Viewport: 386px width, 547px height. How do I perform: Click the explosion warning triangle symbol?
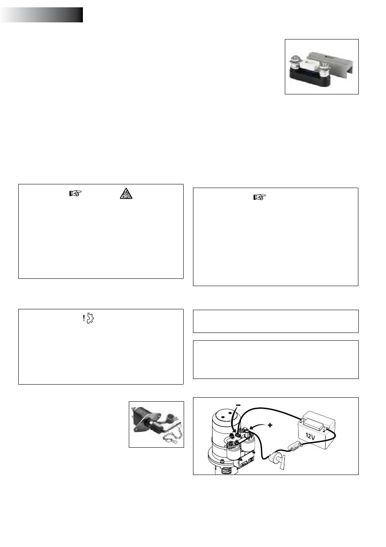[126, 193]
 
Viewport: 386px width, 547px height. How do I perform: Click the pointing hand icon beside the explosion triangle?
[75, 193]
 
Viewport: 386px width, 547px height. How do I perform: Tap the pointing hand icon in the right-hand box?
[260, 197]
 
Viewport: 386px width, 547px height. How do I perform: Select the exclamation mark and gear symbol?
[88, 318]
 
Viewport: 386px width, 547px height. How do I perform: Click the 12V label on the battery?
[310, 435]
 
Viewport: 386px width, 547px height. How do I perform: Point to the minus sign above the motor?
[238, 405]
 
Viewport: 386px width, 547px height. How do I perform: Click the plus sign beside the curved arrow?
[270, 425]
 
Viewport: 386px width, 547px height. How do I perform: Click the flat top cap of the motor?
[224, 414]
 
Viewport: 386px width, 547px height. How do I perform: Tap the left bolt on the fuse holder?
[295, 63]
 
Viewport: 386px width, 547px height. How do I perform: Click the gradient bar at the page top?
[41, 15]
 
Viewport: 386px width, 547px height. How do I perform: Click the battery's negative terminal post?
[303, 420]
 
